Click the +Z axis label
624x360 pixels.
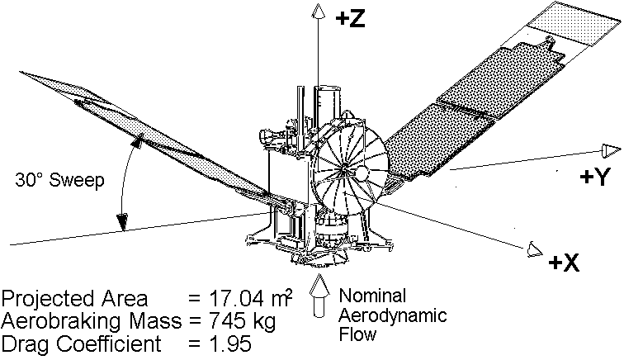pos(351,21)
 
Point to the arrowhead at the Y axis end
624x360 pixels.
pos(610,149)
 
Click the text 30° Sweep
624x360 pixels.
pos(61,181)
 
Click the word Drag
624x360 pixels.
pos(24,340)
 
